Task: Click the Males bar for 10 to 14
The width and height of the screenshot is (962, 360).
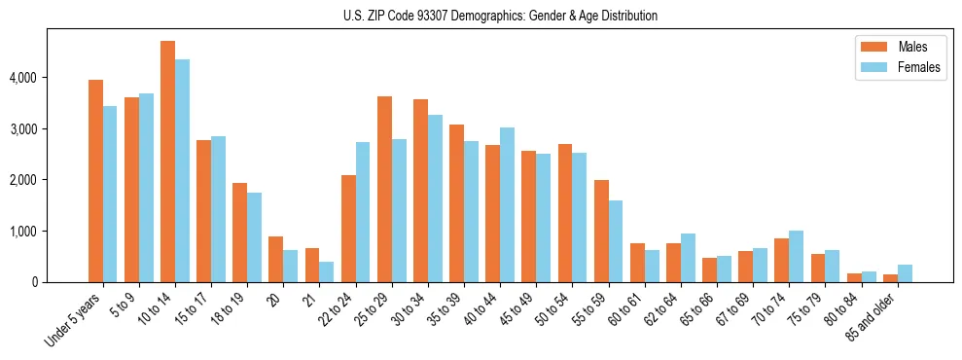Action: point(167,162)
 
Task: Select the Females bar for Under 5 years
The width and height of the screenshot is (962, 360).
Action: point(110,194)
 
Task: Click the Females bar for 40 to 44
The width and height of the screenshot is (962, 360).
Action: point(507,205)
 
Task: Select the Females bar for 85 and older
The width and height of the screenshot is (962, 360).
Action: point(905,273)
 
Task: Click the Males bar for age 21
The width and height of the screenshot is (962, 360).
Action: point(312,266)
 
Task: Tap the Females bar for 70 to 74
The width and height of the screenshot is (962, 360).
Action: point(796,257)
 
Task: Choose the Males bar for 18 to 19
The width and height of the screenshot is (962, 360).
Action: point(239,233)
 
